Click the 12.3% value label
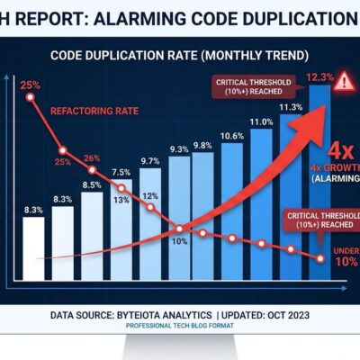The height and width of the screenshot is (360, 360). point(315,78)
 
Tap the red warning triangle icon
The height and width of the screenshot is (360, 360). point(344,83)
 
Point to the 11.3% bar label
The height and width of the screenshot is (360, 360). point(291,107)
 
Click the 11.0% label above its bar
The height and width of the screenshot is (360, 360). point(261,121)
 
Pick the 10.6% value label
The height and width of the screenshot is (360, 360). point(231,136)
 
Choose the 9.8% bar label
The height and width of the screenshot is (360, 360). point(202,146)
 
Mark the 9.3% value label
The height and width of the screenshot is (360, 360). point(178,149)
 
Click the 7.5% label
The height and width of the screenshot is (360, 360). point(121,172)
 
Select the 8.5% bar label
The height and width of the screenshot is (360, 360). point(92,185)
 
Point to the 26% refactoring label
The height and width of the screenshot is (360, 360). point(91,158)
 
